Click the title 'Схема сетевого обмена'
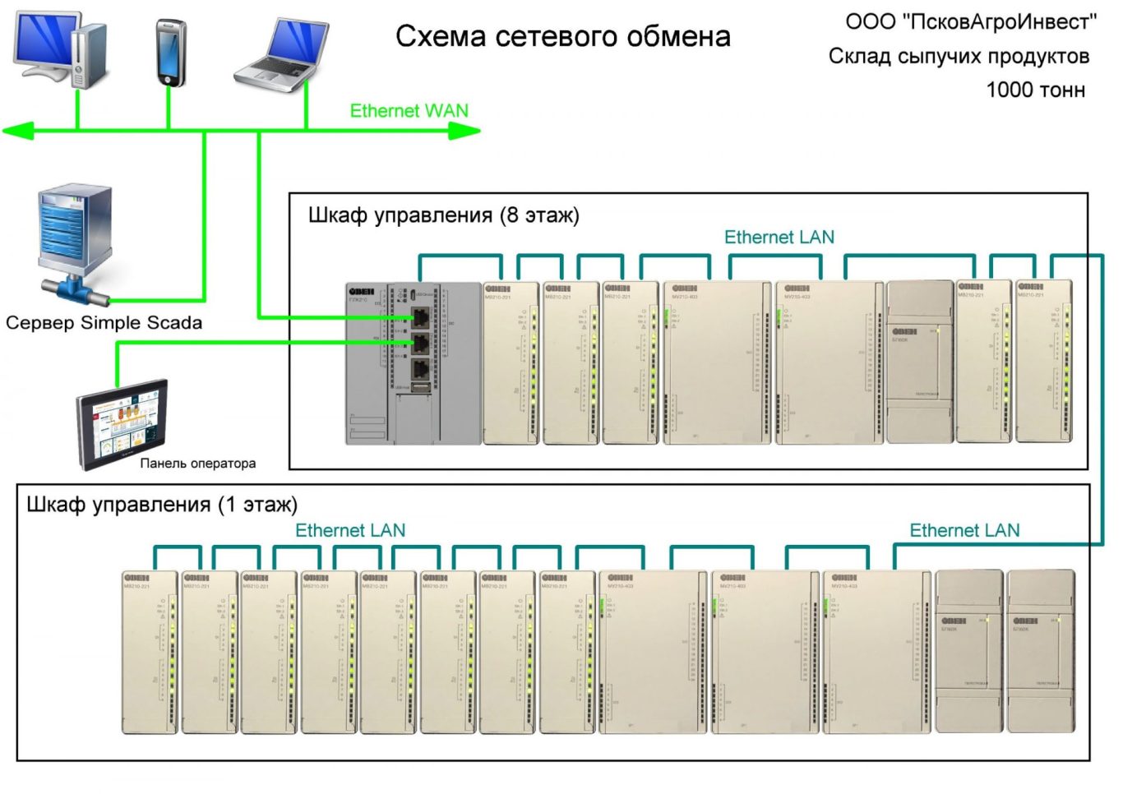pos(562,37)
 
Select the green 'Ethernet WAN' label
pos(409,111)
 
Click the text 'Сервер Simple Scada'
pos(104,323)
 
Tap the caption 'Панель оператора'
pos(197,464)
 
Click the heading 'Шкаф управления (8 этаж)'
pos(443,215)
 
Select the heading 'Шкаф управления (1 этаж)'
pos(162,505)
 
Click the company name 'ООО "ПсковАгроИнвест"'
pos(970,22)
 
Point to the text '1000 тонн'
pos(1035,90)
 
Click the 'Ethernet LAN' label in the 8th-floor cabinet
pos(779,238)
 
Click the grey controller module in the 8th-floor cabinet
pos(413,363)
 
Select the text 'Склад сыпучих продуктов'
pos(959,56)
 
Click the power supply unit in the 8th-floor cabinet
pos(920,362)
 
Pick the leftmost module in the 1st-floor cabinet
pos(150,651)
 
